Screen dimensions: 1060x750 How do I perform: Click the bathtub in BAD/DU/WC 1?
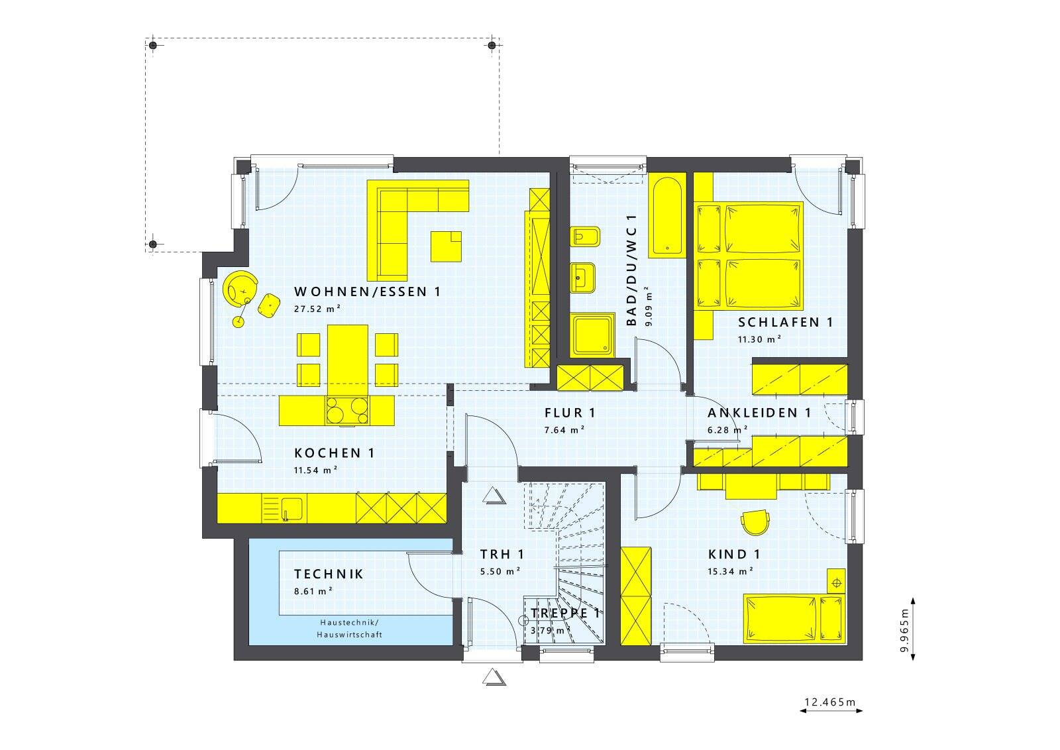click(x=666, y=215)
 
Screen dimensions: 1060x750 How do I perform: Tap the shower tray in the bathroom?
click(x=592, y=335)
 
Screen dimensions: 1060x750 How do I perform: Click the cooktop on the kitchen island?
click(x=347, y=410)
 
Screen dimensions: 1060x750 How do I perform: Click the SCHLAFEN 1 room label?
click(x=785, y=322)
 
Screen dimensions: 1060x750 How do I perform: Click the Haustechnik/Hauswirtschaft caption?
click(x=349, y=628)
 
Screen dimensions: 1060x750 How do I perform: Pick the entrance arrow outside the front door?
click(x=494, y=677)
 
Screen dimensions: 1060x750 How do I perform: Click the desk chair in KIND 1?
click(x=755, y=522)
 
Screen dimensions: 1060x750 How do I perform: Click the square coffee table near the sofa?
click(x=446, y=246)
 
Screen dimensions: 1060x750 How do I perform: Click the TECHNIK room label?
click(x=329, y=574)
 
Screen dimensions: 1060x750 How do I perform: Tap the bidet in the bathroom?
click(x=585, y=237)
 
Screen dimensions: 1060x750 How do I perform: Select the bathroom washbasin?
click(x=582, y=278)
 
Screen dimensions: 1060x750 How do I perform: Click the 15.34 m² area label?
click(x=730, y=572)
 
